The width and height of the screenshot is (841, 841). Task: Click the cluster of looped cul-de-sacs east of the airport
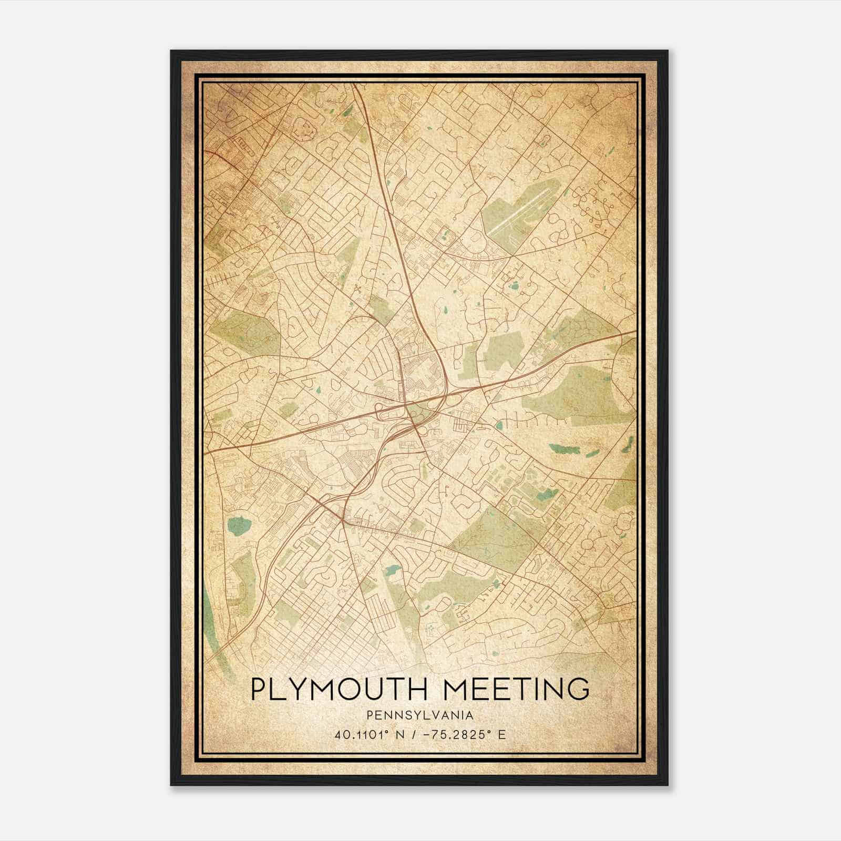pos(597,205)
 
